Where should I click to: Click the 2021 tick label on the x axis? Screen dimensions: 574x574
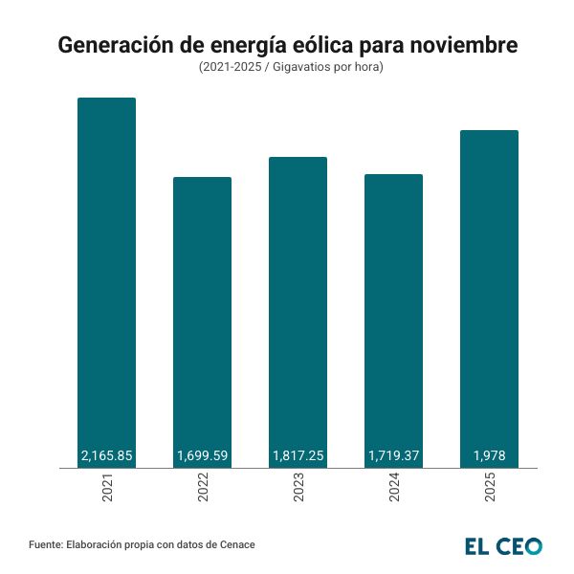(x=106, y=490)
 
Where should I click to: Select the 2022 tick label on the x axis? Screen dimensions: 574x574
(x=202, y=490)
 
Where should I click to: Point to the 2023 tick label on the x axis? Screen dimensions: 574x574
(x=298, y=490)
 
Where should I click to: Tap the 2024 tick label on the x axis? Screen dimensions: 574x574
(x=393, y=490)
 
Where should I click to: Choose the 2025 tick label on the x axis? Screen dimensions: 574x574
(x=489, y=490)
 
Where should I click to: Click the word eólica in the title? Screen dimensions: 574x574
(x=321, y=46)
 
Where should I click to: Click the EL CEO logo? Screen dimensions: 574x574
(x=503, y=545)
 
